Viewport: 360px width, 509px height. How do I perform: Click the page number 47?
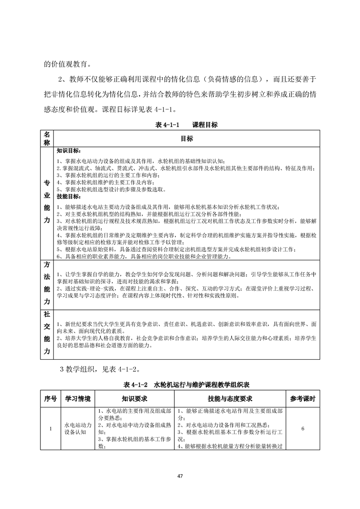click(180, 476)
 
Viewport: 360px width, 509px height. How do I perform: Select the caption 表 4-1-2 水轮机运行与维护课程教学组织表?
click(180, 385)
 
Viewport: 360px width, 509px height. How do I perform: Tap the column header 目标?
click(187, 139)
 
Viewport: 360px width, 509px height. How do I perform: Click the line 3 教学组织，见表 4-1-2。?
click(90, 369)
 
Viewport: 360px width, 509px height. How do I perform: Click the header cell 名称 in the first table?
click(47, 139)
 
